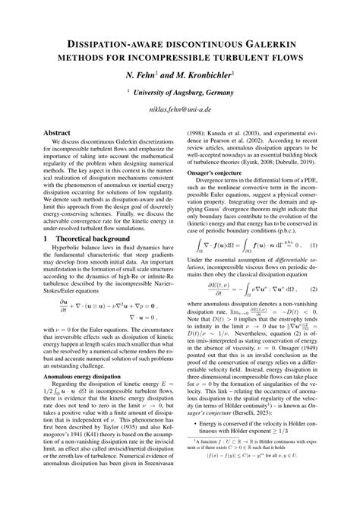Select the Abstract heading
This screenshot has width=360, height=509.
click(46, 132)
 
